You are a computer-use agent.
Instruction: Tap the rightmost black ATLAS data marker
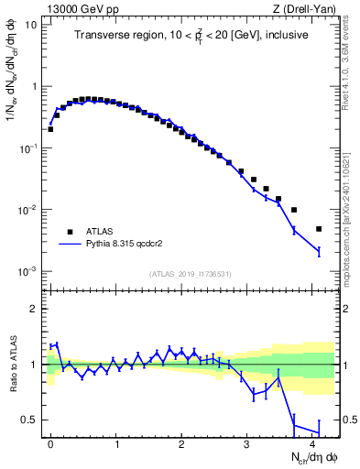point(319,229)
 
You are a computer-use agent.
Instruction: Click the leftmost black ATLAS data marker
point(50,129)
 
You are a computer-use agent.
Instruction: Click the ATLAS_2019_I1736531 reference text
point(194,274)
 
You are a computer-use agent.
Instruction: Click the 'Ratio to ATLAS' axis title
point(12,364)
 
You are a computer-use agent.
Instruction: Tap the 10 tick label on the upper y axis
point(29,24)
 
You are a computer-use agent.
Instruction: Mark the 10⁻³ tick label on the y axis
point(27,271)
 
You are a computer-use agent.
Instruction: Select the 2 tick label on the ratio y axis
point(34,309)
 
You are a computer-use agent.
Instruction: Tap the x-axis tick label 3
point(247,442)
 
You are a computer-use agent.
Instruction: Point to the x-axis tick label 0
point(50,442)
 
